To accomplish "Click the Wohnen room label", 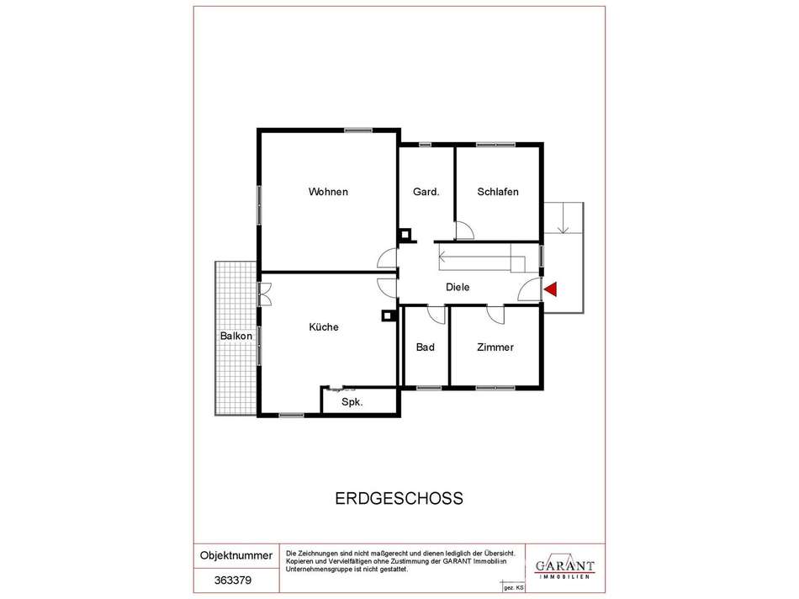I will click(x=328, y=192).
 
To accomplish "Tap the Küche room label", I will click(x=324, y=327).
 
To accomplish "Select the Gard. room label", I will click(x=426, y=192).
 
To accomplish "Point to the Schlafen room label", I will click(x=498, y=192).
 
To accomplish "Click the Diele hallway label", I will click(x=458, y=287).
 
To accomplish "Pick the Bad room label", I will click(x=426, y=347).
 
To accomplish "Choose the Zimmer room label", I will click(x=495, y=347).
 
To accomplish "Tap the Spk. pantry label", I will click(x=352, y=403).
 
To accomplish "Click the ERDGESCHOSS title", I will click(x=399, y=498).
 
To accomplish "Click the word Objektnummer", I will click(x=236, y=556).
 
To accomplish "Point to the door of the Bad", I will click(x=436, y=314).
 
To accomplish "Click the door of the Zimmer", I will click(x=496, y=314).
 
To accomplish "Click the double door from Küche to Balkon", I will click(x=264, y=293).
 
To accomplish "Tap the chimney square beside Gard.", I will click(x=405, y=236).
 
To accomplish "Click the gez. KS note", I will click(x=513, y=586).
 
